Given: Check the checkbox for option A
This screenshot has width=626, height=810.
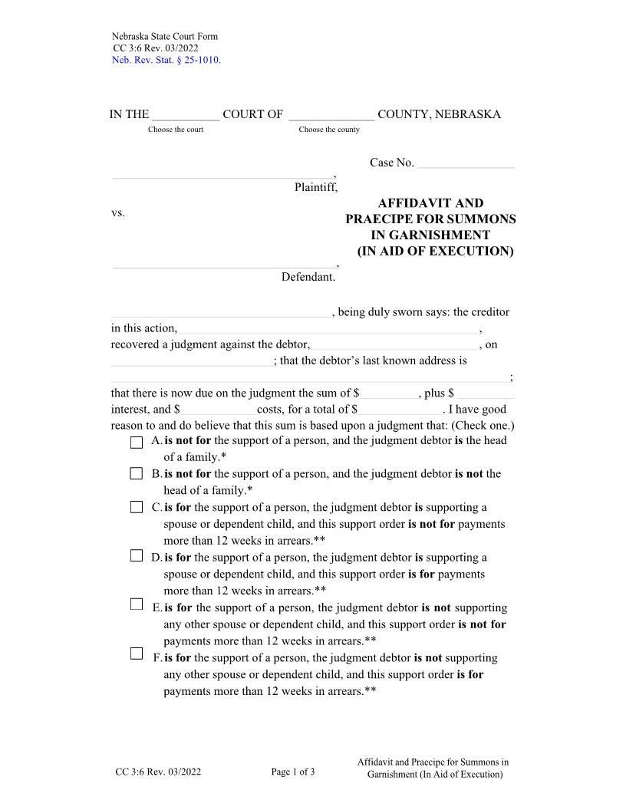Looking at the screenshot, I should [137, 442].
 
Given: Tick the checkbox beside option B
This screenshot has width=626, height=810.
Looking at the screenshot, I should [137, 474].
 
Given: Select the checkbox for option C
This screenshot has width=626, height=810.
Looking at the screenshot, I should [137, 507].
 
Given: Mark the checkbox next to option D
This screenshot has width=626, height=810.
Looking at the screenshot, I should [137, 556].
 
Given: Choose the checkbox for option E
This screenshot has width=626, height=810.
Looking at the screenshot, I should [137, 604].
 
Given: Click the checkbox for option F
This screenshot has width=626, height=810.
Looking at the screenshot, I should [137, 654].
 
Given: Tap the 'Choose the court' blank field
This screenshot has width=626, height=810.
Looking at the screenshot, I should [186, 116].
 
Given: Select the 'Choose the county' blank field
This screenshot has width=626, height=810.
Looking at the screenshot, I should [331, 116].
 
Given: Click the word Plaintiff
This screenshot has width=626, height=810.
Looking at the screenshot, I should [315, 187].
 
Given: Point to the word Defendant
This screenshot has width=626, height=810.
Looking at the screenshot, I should [308, 277].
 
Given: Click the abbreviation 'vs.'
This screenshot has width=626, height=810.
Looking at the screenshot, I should [118, 212].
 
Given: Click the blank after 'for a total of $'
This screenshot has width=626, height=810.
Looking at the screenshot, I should [400, 410].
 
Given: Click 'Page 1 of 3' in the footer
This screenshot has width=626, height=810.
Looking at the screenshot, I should [293, 772].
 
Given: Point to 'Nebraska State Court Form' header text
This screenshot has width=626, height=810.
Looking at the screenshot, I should [165, 37].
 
